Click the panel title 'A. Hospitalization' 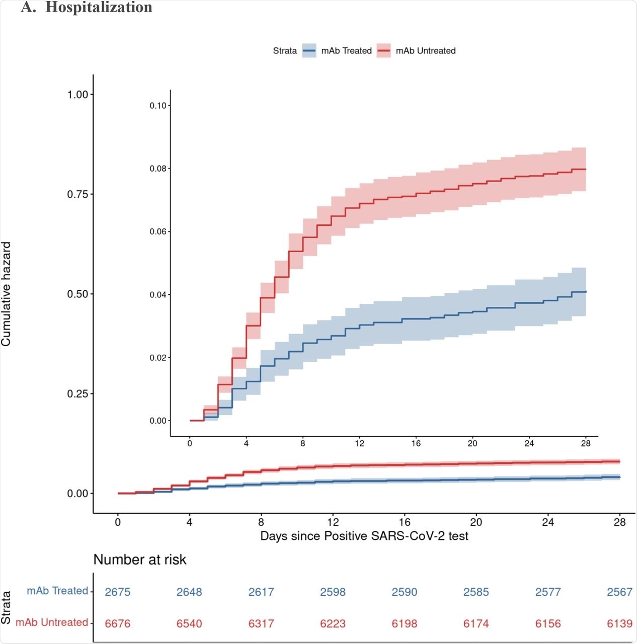pyautogui.click(x=87, y=7)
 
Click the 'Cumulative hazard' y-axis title pyautogui.click(x=6, y=294)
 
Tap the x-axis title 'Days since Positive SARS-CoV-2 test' pyautogui.click(x=364, y=536)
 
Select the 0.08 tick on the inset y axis pyautogui.click(x=158, y=169)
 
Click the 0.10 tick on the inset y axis pyautogui.click(x=158, y=106)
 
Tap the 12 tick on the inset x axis pyautogui.click(x=359, y=444)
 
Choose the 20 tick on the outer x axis pyautogui.click(x=476, y=522)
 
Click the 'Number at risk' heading pyautogui.click(x=140, y=560)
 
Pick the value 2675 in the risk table pyautogui.click(x=118, y=592)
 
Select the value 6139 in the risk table pyautogui.click(x=619, y=624)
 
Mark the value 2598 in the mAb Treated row pyautogui.click(x=333, y=592)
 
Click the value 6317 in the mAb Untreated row pyautogui.click(x=261, y=624)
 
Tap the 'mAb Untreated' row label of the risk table pyautogui.click(x=52, y=623)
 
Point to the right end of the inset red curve pyautogui.click(x=586, y=170)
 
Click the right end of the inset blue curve pyautogui.click(x=586, y=292)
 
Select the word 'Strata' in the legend pyautogui.click(x=285, y=51)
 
